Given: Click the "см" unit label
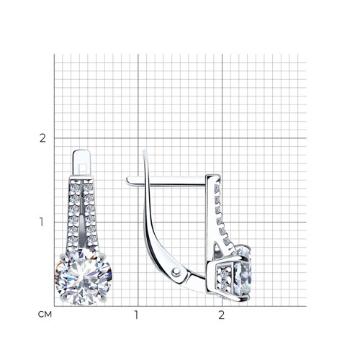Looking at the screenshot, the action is (x=45, y=315).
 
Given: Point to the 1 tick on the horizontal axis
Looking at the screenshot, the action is (x=136, y=315).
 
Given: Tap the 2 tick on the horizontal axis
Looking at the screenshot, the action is (x=221, y=315).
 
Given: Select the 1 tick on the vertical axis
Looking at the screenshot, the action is (x=42, y=222).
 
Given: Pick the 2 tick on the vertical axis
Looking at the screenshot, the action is (x=42, y=138).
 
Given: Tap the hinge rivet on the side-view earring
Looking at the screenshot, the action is (x=176, y=271).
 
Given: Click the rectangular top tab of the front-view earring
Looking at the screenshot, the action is (x=82, y=163).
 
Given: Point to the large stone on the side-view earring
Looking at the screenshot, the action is (x=243, y=274).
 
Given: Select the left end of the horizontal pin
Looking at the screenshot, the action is (x=127, y=180).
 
